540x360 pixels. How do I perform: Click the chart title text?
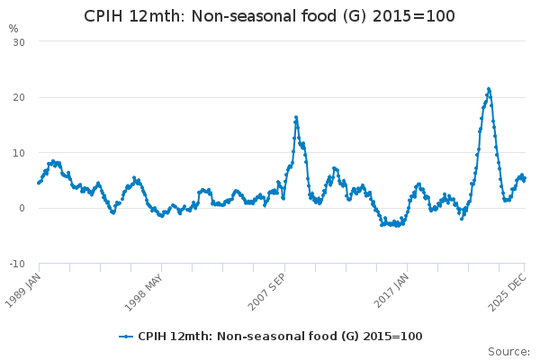[269, 16]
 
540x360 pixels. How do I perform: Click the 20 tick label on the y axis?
[18, 97]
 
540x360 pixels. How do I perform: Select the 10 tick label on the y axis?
[18, 153]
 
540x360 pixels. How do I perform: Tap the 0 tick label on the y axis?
[22, 208]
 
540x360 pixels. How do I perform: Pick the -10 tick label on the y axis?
[16, 264]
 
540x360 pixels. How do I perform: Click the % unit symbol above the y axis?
[13, 29]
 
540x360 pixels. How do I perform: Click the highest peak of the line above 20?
[488, 88]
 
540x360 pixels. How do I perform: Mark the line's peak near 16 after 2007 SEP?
[295, 117]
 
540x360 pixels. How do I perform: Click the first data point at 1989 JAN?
[39, 183]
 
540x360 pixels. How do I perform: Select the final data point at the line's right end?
[525, 178]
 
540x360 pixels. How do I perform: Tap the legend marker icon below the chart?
[126, 337]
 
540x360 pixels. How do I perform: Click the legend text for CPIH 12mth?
[279, 337]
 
